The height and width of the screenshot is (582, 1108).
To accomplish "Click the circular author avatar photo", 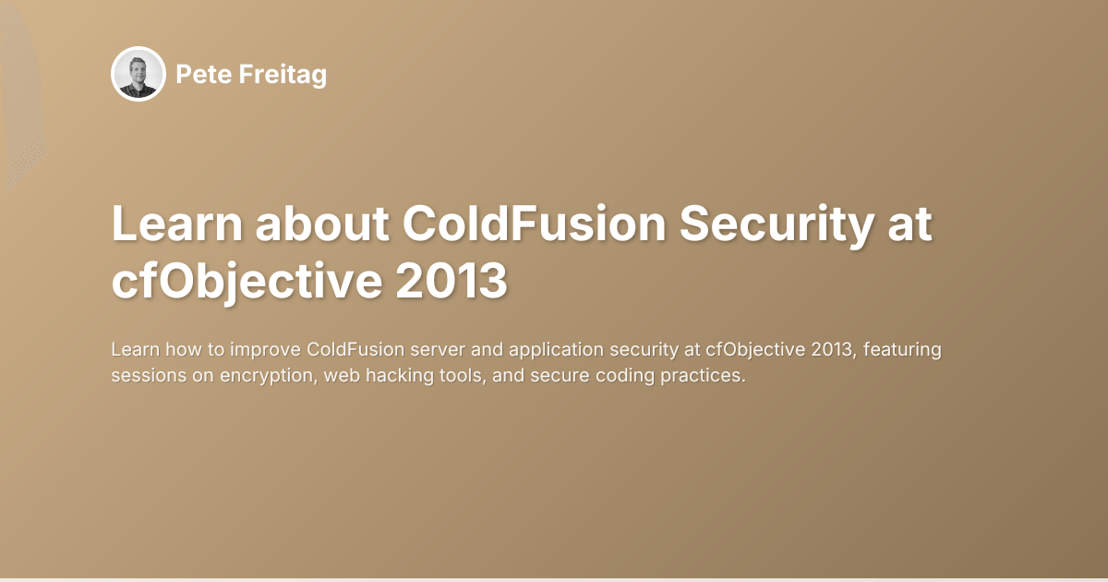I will point(138,74).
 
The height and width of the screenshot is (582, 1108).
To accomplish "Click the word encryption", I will point(261,377).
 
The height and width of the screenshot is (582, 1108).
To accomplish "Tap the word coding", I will point(619,377).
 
